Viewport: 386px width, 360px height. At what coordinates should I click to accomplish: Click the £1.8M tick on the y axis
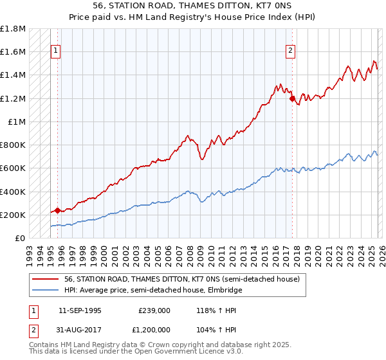coord(14,29)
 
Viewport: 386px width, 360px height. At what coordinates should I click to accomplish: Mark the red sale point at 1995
coord(57,210)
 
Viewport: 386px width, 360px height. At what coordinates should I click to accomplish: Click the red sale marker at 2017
coord(292,99)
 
